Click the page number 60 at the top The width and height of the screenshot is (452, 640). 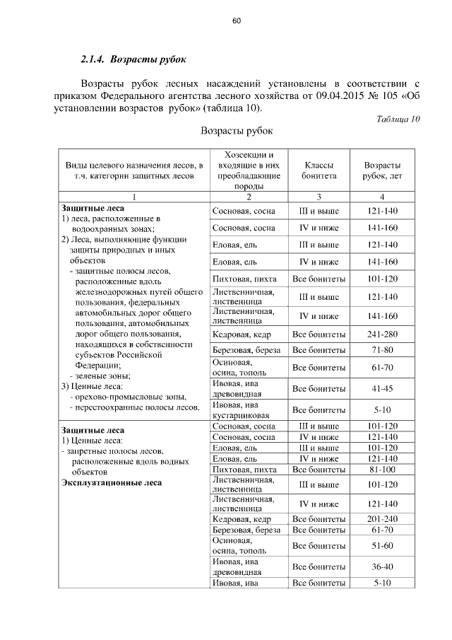(x=237, y=21)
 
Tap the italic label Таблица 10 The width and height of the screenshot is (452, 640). (x=398, y=119)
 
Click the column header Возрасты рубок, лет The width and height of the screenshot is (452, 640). (x=381, y=170)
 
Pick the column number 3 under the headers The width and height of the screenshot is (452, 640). (x=319, y=197)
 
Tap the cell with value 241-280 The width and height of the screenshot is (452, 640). (x=381, y=334)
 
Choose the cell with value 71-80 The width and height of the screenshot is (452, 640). (x=381, y=351)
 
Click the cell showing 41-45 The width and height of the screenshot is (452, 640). (x=381, y=389)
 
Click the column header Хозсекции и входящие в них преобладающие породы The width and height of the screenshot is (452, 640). (x=249, y=170)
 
